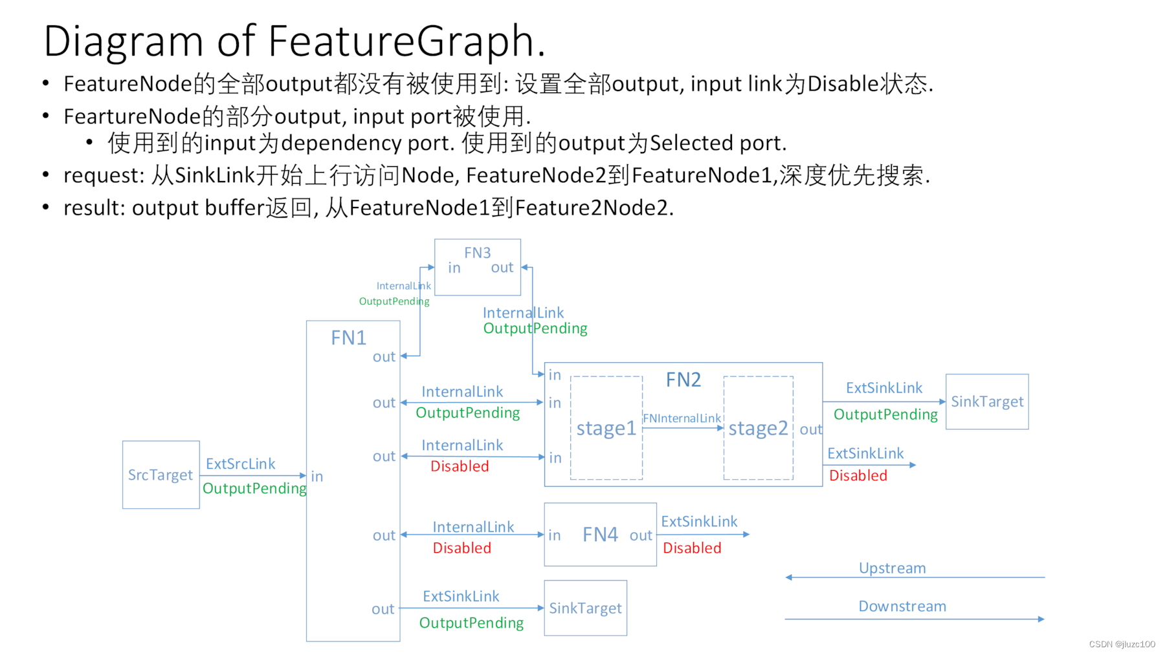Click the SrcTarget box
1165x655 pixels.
tap(161, 475)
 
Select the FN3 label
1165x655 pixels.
tap(478, 253)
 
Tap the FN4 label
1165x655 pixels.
tap(600, 535)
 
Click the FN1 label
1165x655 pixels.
tap(348, 338)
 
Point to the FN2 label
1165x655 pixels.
tap(683, 380)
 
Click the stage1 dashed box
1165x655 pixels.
tap(606, 428)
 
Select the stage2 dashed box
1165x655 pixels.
tap(758, 428)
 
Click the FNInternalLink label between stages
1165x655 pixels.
tap(682, 418)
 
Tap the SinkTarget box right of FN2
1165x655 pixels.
tap(987, 402)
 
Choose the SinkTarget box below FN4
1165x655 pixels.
tap(585, 608)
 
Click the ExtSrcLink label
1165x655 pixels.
tap(241, 464)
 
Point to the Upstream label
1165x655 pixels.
tap(892, 568)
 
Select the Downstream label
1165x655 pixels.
tap(902, 606)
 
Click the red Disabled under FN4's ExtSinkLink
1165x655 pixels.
tap(692, 548)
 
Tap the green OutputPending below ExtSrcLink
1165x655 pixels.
tap(254, 488)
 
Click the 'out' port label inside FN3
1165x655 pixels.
tap(502, 268)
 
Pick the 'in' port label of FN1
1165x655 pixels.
tap(317, 477)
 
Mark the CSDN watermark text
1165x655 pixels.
tap(1122, 644)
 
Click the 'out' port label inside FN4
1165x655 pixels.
tap(641, 535)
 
